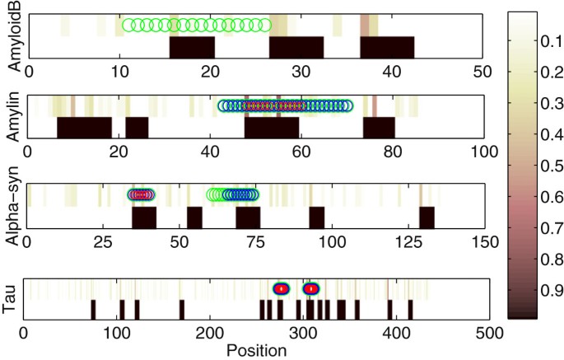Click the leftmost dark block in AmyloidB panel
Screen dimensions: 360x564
192,47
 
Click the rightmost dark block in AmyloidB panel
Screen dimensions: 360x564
387,47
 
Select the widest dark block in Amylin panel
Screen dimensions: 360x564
84,128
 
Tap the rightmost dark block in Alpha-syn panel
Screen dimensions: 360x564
426,217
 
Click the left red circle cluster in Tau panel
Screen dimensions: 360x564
282,289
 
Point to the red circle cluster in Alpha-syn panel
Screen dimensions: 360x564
142,195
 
